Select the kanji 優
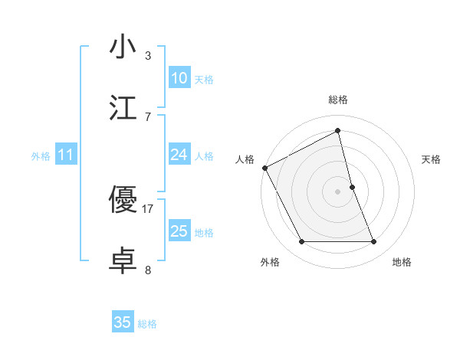click(123, 200)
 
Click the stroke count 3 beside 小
click(148, 56)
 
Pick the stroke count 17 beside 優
click(148, 208)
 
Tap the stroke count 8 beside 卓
click(148, 270)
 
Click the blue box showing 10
click(179, 78)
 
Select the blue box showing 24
click(179, 155)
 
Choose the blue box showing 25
click(179, 231)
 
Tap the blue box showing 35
click(123, 322)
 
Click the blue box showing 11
click(66, 155)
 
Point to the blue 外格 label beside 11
click(41, 155)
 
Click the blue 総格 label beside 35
click(147, 324)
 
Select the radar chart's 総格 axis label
click(338, 100)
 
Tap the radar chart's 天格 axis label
click(432, 159)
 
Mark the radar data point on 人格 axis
click(264, 168)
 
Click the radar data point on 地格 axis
click(374, 242)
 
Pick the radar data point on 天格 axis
click(352, 187)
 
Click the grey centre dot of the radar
click(338, 191)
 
